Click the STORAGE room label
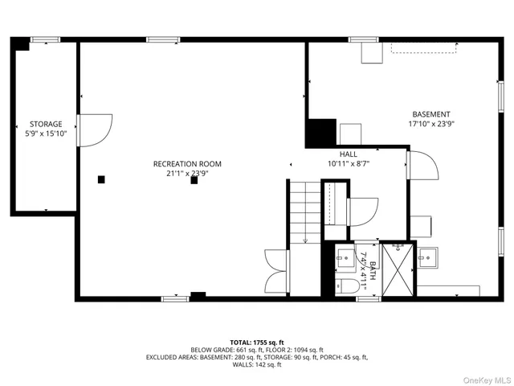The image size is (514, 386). tap(46, 124)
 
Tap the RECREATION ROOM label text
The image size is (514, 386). tap(187, 164)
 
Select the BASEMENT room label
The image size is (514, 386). tap(431, 114)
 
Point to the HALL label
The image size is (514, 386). tap(348, 154)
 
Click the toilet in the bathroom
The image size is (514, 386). tap(345, 287)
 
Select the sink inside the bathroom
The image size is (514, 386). tap(345, 258)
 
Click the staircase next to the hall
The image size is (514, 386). tap(304, 211)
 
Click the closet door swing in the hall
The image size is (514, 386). tap(363, 211)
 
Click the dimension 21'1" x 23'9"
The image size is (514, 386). tap(187, 173)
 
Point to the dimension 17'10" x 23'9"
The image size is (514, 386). tap(430, 124)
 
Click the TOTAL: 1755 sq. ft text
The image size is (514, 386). tap(257, 342)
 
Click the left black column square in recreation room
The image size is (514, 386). tap(101, 179)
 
